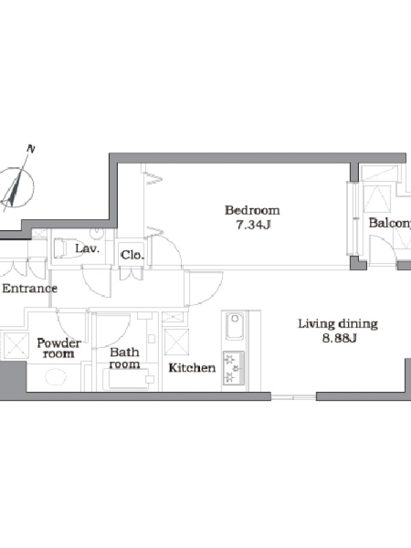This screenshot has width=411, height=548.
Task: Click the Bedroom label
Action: click(252, 210)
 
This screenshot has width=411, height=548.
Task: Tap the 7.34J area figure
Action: click(253, 225)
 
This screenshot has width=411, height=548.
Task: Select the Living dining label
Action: click(338, 324)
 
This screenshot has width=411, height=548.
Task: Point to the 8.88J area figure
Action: click(339, 338)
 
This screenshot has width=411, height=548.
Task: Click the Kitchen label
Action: click(192, 368)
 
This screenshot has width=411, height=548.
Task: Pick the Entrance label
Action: click(29, 288)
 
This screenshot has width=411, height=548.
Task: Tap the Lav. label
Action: click(88, 249)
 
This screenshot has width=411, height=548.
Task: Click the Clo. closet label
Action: click(132, 255)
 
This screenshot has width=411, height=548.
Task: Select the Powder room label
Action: click(59, 348)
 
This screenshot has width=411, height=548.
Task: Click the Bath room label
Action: click(125, 358)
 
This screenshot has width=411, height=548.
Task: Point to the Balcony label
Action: click(390, 223)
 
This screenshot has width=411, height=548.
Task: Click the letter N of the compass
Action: click(31, 149)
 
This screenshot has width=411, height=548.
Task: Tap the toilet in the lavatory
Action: click(66, 249)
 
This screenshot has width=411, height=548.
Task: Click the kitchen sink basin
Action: click(234, 326)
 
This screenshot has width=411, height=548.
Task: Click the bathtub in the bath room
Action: click(129, 379)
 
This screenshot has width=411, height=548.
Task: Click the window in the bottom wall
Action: click(294, 397)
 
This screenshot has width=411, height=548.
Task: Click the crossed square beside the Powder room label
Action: click(16, 345)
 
